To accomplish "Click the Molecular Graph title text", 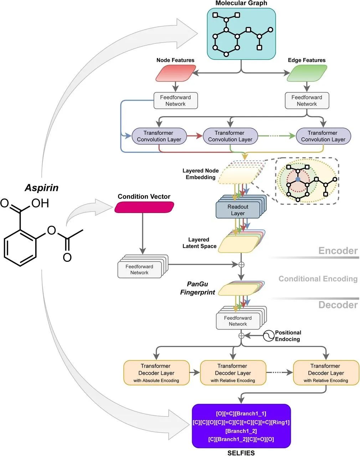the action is tap(241, 3).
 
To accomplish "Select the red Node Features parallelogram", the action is tap(176, 73).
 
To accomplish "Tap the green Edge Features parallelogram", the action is tap(307, 73).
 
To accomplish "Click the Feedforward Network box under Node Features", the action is tap(176, 101).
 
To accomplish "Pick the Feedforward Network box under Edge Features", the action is tap(307, 101).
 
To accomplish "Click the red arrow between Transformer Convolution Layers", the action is tap(195, 136).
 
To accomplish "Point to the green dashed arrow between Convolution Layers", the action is tap(277, 136).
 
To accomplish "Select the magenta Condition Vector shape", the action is tap(144, 207).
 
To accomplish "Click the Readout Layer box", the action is tap(238, 210).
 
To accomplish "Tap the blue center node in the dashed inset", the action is tap(298, 180).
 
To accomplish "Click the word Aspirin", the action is tap(42, 188).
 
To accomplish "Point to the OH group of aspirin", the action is tap(40, 203).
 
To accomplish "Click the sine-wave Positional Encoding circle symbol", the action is tap(269, 336).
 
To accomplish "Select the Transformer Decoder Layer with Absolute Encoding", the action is tap(156, 373).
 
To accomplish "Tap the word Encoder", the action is tap(338, 251).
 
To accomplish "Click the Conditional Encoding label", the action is tap(318, 279).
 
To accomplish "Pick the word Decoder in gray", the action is tap(338, 305).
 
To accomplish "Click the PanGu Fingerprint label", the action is tap(197, 288).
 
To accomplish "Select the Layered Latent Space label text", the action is tap(199, 243).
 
